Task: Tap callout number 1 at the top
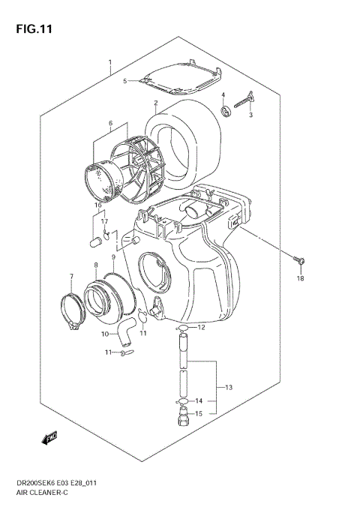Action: click(x=109, y=62)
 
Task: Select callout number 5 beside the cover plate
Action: click(x=125, y=80)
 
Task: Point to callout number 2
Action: click(x=155, y=103)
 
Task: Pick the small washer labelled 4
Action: click(x=223, y=112)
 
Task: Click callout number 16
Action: click(x=97, y=204)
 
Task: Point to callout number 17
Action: click(x=106, y=222)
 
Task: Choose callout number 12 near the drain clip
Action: click(x=201, y=328)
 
